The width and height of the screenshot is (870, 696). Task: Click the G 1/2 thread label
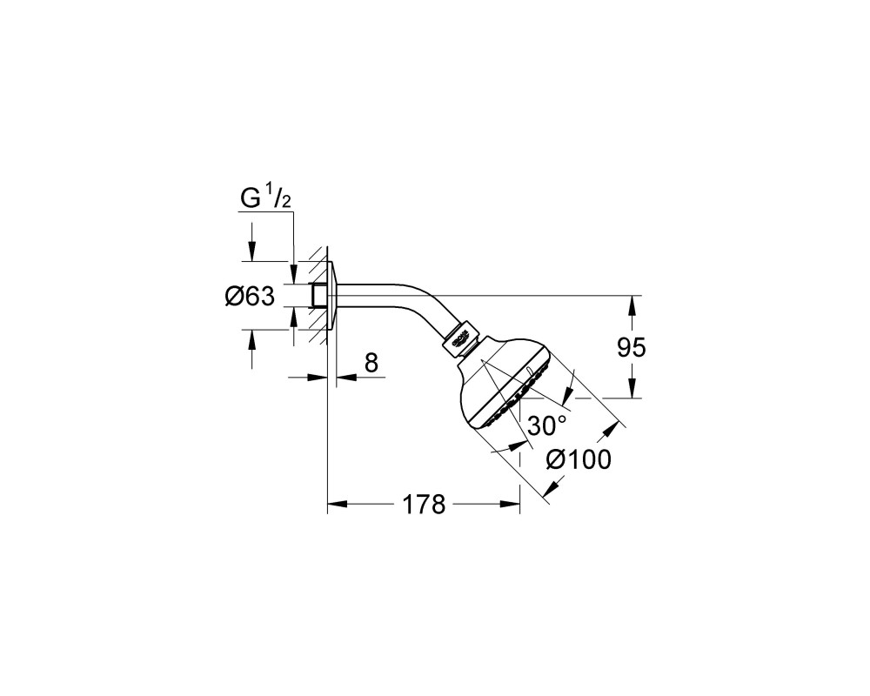pyautogui.click(x=265, y=198)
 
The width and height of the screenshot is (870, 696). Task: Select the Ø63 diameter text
pyautogui.click(x=250, y=297)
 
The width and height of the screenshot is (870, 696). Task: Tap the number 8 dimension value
pyautogui.click(x=371, y=363)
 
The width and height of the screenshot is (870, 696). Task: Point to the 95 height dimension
pyautogui.click(x=632, y=347)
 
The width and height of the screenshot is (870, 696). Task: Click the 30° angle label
pyautogui.click(x=547, y=425)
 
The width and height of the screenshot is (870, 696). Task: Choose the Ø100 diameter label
pyautogui.click(x=579, y=459)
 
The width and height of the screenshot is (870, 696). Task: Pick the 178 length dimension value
pyautogui.click(x=424, y=504)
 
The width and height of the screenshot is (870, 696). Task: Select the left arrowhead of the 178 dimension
pyautogui.click(x=338, y=504)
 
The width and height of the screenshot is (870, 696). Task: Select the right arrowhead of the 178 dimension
pyautogui.click(x=510, y=504)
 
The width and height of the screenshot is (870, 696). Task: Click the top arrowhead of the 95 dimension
pyautogui.click(x=632, y=305)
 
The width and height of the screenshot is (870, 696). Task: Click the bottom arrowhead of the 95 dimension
pyautogui.click(x=632, y=388)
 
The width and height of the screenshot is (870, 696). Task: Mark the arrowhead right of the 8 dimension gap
pyautogui.click(x=348, y=378)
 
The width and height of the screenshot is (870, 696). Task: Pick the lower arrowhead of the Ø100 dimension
pyautogui.click(x=551, y=488)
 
